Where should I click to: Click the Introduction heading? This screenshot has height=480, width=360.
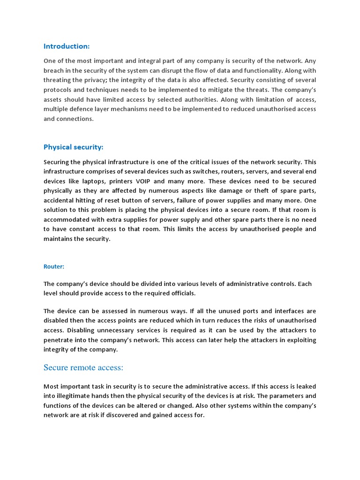(66, 46)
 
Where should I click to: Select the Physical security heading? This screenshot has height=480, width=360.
(73, 147)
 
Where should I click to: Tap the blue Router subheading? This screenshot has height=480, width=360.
(54, 266)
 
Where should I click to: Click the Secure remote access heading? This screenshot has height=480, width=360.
(83, 368)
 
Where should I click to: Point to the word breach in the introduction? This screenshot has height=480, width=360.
(54, 70)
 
